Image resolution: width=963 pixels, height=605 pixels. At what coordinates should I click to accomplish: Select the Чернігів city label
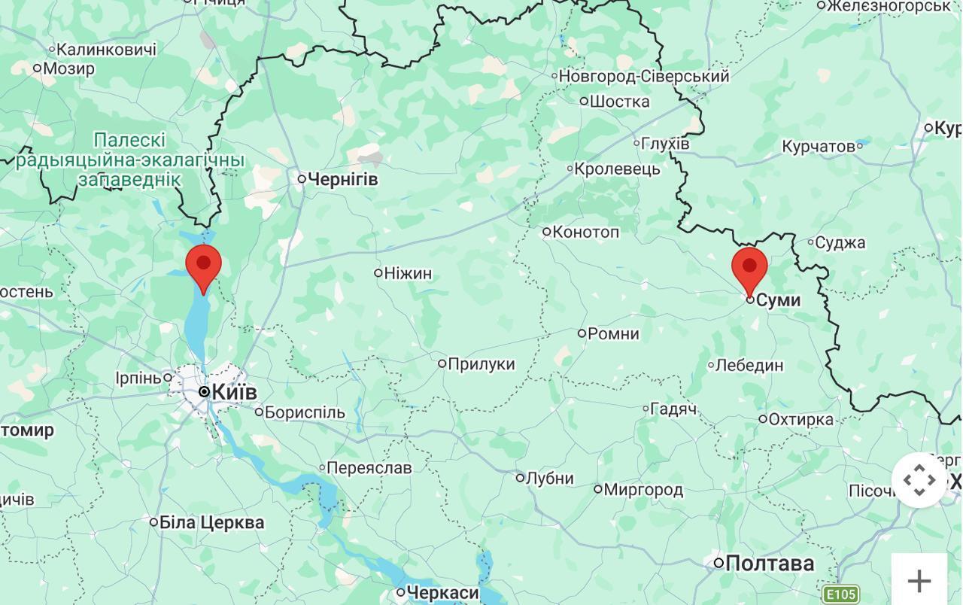click(x=342, y=179)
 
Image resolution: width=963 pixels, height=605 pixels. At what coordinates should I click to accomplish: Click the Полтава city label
click(x=769, y=563)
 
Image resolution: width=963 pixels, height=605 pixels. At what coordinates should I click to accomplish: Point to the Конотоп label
click(x=585, y=232)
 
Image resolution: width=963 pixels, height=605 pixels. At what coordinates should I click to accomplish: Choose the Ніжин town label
click(x=407, y=273)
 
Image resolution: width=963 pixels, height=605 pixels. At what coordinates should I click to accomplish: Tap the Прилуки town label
click(x=481, y=364)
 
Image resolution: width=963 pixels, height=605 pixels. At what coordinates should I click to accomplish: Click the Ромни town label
click(x=613, y=333)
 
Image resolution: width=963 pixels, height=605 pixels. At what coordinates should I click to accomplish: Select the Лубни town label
click(x=549, y=479)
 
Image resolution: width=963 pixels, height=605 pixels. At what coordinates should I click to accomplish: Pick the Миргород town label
click(x=643, y=490)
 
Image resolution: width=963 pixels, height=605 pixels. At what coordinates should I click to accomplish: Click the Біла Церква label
click(x=211, y=522)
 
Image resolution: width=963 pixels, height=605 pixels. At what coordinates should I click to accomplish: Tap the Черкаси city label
click(x=442, y=593)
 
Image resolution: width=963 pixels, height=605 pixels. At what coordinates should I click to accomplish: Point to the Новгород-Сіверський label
click(x=643, y=76)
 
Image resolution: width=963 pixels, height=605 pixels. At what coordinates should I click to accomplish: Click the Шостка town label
click(x=619, y=102)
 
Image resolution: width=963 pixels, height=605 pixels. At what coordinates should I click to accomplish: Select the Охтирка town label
click(x=800, y=419)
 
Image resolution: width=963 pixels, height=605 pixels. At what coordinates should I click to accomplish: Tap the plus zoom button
click(x=919, y=580)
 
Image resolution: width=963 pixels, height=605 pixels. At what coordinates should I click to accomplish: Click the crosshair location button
click(x=919, y=480)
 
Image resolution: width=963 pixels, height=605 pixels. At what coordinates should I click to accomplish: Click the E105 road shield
click(x=840, y=594)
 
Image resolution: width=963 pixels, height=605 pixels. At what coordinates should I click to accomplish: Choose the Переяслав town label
click(x=369, y=468)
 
